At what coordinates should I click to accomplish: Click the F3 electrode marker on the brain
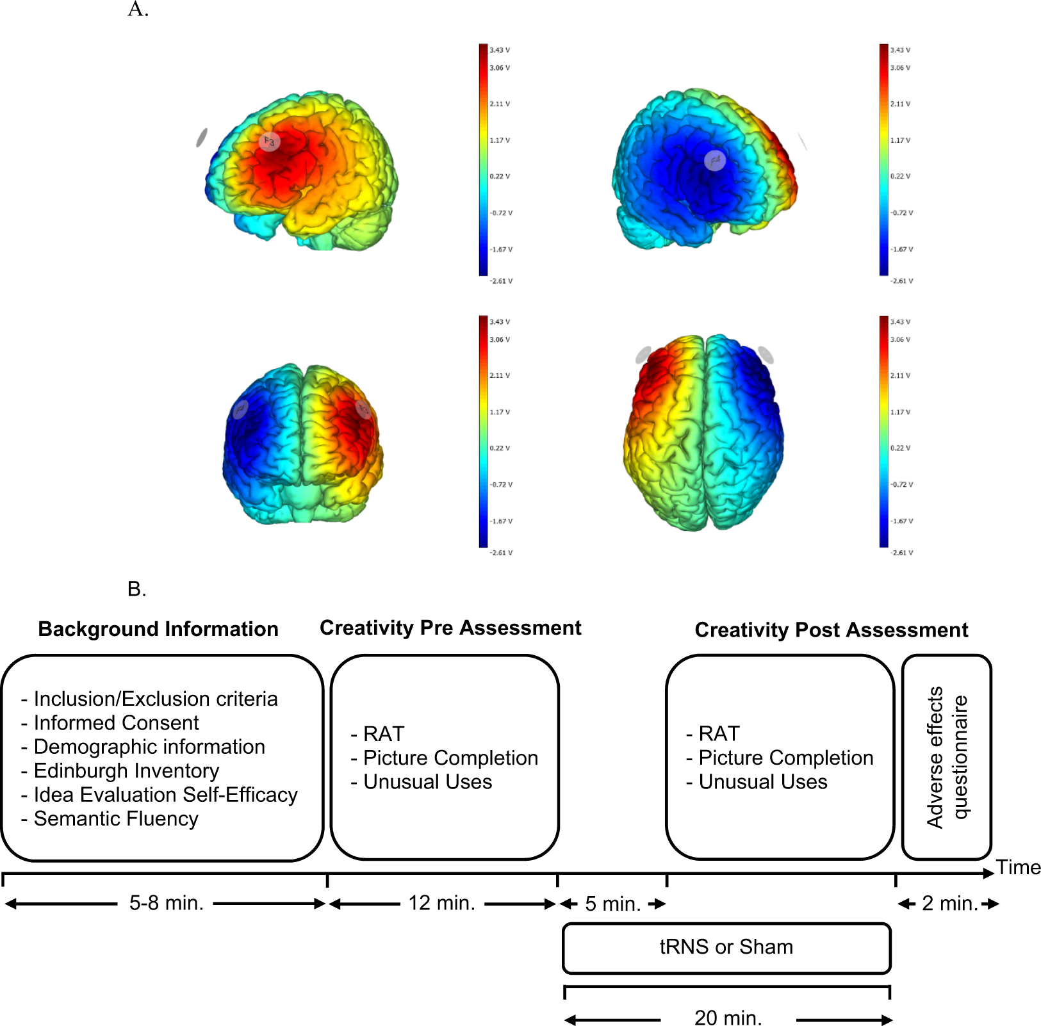(x=270, y=142)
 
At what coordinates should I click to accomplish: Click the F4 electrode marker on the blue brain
(x=714, y=160)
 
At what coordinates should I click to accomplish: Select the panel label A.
(x=138, y=10)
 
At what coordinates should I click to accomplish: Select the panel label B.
(x=136, y=589)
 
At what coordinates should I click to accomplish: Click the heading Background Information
(x=158, y=629)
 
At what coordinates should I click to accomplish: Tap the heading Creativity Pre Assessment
(x=450, y=628)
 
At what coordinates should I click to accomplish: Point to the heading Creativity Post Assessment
(x=831, y=630)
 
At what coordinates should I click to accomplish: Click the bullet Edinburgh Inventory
(x=126, y=770)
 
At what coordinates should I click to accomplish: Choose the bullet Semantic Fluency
(x=116, y=818)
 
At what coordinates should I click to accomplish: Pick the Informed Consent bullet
(x=116, y=722)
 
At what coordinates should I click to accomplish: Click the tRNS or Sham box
(x=726, y=947)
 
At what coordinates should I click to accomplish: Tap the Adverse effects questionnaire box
(x=946, y=757)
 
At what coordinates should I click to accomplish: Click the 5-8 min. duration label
(x=166, y=903)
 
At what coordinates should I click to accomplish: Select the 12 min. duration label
(x=441, y=903)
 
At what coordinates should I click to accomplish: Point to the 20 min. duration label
(x=728, y=1018)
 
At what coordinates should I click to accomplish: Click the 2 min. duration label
(x=949, y=903)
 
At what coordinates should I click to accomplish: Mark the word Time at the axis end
(x=1018, y=867)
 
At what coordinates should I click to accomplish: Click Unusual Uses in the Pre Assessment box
(x=427, y=782)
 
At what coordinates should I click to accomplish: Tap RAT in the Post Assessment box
(x=719, y=733)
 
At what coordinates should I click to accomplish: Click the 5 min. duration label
(x=612, y=904)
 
